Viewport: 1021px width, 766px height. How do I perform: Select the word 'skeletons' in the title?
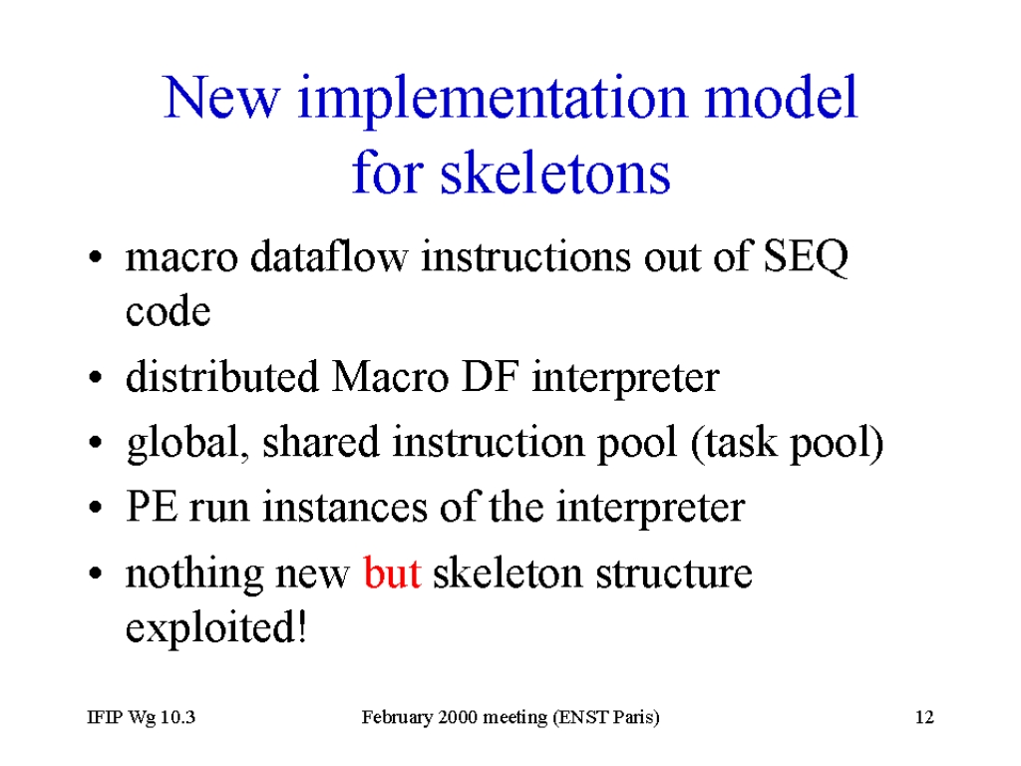[x=555, y=174]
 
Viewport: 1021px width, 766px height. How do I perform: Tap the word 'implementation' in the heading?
[x=493, y=99]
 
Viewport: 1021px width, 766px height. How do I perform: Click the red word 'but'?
[x=392, y=574]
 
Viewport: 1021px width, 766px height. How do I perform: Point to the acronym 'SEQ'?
[x=806, y=256]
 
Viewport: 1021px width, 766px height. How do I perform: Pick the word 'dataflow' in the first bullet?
[x=329, y=256]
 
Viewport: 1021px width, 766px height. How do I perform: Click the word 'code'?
[x=168, y=311]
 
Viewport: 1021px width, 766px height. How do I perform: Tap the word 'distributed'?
[x=222, y=376]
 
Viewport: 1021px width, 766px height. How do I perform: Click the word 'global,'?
[x=188, y=443]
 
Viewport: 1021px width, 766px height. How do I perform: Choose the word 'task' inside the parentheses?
[x=741, y=443]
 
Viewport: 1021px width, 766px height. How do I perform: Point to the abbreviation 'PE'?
[x=152, y=507]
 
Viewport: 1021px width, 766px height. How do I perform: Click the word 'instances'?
[x=345, y=507]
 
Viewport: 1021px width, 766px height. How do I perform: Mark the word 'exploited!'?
[x=216, y=627]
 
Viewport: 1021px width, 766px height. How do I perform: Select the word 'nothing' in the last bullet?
[x=193, y=574]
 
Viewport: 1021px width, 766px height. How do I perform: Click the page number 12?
[x=924, y=717]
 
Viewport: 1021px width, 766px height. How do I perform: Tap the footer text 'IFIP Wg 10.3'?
[x=142, y=717]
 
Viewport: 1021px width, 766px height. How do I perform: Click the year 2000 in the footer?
[x=458, y=717]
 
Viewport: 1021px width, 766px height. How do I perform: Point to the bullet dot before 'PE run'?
[x=96, y=508]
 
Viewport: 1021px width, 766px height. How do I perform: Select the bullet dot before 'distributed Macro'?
[x=96, y=377]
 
